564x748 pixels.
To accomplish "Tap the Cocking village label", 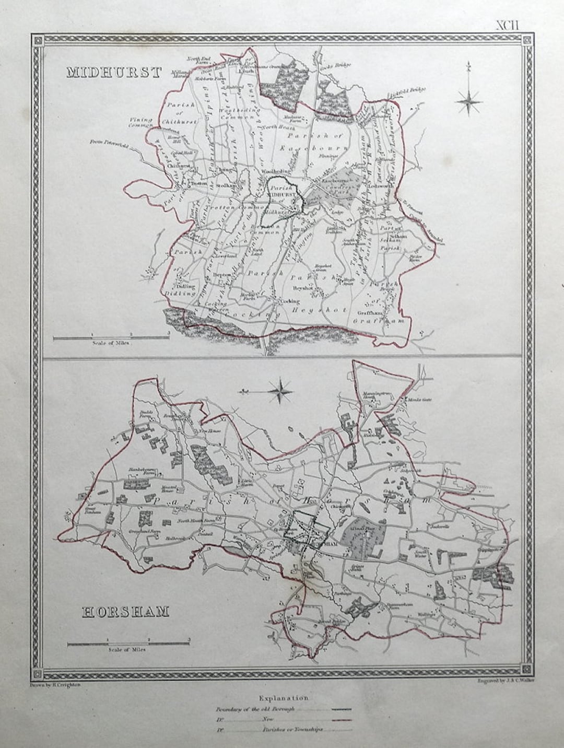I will click(290, 301).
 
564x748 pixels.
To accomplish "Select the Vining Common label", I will click(140, 122).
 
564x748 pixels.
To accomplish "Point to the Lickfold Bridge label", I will click(407, 91).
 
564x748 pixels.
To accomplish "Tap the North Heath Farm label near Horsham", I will click(189, 521).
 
